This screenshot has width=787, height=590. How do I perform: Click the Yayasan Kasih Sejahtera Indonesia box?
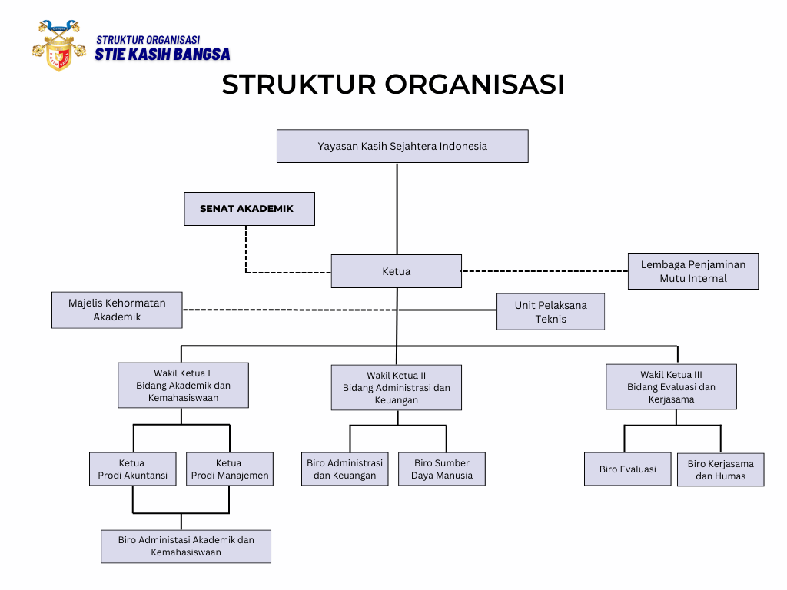[x=403, y=146]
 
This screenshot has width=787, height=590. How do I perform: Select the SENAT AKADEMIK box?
[x=250, y=209]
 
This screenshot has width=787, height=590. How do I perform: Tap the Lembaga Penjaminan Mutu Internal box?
[x=693, y=271]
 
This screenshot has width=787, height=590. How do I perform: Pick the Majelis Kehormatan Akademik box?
[x=117, y=310]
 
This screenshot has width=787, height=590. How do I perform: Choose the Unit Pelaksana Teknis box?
[x=550, y=312]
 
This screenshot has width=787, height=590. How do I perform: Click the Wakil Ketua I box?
[x=183, y=386]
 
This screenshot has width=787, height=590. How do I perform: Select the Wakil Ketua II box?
[x=397, y=387]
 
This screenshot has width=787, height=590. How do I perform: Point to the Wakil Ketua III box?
[x=672, y=387]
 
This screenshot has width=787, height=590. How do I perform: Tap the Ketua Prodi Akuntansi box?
[x=133, y=469]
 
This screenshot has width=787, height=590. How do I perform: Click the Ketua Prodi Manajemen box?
[x=230, y=469]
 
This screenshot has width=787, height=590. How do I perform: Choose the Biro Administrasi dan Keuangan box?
[x=345, y=469]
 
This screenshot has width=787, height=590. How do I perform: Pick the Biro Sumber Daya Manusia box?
[x=442, y=469]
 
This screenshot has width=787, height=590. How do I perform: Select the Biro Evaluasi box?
[x=628, y=469]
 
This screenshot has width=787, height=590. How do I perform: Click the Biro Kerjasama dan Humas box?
[x=721, y=470]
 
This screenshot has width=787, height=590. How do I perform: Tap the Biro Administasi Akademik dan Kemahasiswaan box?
[x=186, y=546]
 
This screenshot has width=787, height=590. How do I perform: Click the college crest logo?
[x=59, y=45]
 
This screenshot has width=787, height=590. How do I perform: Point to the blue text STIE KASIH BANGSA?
[x=163, y=55]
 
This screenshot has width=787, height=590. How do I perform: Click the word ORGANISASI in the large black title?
[x=475, y=85]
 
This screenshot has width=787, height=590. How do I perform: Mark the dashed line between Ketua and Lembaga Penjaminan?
[x=545, y=271]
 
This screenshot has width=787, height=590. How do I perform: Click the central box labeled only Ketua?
[x=397, y=271]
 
